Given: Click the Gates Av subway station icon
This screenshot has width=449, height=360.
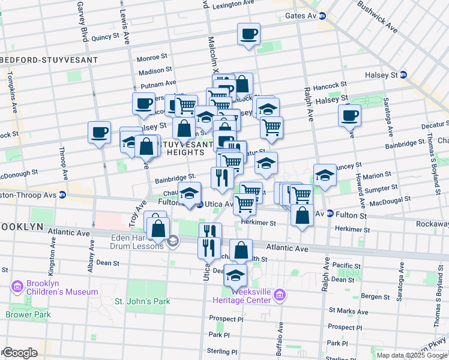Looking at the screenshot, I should [322, 16].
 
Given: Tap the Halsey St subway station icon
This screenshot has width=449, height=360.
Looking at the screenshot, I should [403, 75].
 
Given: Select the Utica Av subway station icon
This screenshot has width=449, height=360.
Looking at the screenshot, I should [200, 205].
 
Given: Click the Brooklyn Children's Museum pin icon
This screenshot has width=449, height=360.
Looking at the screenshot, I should [17, 286].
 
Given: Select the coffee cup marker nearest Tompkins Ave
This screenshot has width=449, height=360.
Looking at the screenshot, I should [99, 132].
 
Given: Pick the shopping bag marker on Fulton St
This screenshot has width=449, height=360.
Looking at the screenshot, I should [302, 214].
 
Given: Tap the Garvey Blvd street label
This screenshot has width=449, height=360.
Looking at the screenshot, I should [82, 21].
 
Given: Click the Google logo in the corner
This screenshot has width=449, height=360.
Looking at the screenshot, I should [20, 353].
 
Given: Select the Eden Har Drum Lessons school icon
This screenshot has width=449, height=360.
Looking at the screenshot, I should [173, 241].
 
